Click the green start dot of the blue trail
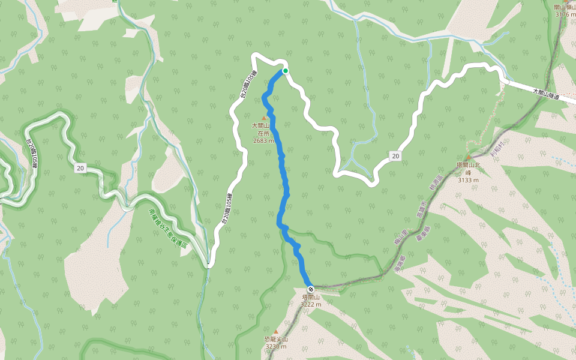coord(286,71)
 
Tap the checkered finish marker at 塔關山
coord(310,289)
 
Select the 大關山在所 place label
coord(263,130)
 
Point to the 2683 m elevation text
coord(263,141)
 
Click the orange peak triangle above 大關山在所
coord(263,118)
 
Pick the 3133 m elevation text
coord(469,179)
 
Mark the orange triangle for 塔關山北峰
coord(469,158)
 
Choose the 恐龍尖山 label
coord(276,340)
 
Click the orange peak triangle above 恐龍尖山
coord(276,331)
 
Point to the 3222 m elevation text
coord(311,304)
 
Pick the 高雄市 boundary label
coord(421,210)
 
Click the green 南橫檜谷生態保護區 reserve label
coord(167,229)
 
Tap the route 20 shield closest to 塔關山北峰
coord(395,156)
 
